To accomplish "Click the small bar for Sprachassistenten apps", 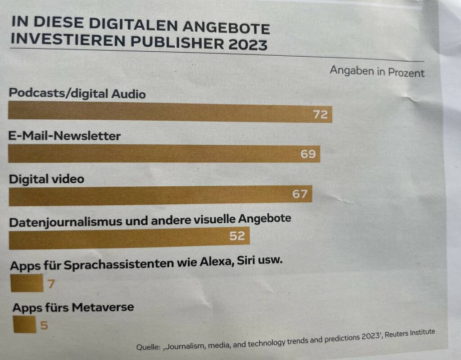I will [x=26, y=284].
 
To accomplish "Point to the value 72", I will [x=320, y=115].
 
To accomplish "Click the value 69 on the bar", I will [x=308, y=154].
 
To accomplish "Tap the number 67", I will [x=299, y=194].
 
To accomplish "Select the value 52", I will [x=237, y=235].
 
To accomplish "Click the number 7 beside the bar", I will [x=51, y=284].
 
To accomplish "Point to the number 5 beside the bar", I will [x=44, y=325].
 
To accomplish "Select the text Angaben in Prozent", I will [x=377, y=72].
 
